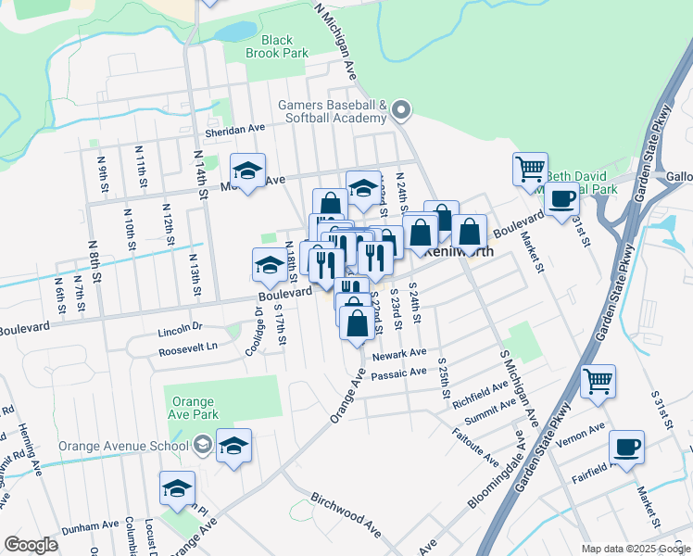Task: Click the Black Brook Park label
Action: (x=276, y=46)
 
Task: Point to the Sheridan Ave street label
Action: (x=235, y=131)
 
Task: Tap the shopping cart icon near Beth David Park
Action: (x=530, y=170)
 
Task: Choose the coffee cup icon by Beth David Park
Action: (x=561, y=198)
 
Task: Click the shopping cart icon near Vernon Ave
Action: (x=598, y=380)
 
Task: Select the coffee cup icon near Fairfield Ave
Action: (x=626, y=448)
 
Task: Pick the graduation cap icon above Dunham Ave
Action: (x=176, y=488)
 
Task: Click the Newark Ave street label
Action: (x=398, y=354)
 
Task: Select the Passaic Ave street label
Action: (x=397, y=373)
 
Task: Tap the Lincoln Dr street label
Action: (x=180, y=328)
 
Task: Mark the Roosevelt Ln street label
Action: (x=187, y=347)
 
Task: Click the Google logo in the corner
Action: (x=31, y=545)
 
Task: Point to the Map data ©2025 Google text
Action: (x=635, y=549)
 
